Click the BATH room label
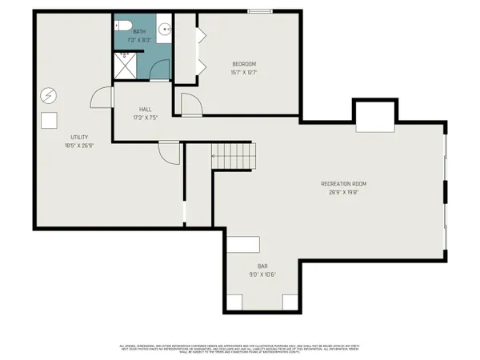pyautogui.click(x=140, y=31)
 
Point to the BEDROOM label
pyautogui.click(x=244, y=64)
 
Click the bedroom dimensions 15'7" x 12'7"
pyautogui.click(x=244, y=72)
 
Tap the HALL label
pyautogui.click(x=145, y=110)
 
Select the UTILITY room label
pyautogui.click(x=78, y=137)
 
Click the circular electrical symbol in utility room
pyautogui.click(x=47, y=95)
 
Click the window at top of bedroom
pyautogui.click(x=258, y=10)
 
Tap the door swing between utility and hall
pyautogui.click(x=102, y=98)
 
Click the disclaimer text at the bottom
pyautogui.click(x=240, y=348)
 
